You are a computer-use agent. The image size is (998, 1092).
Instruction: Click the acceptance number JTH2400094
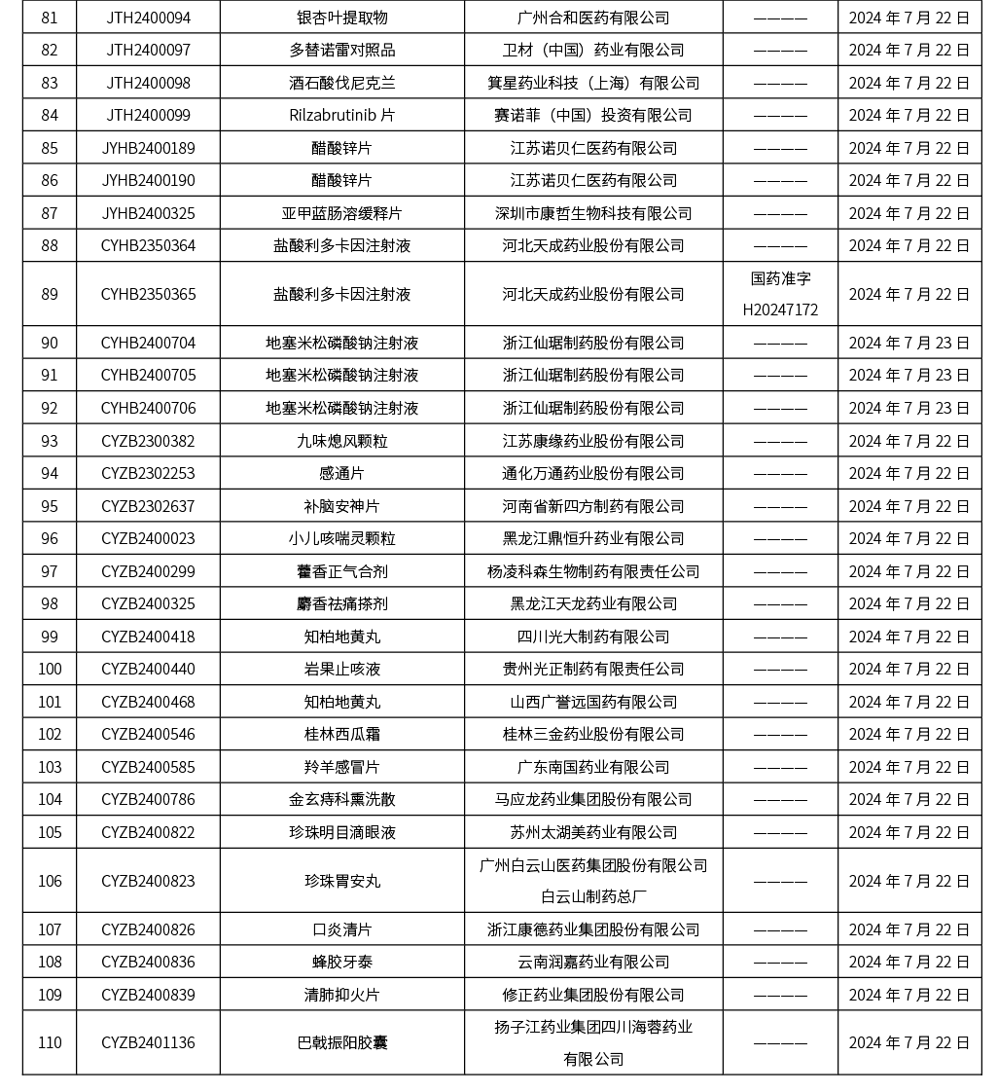pyautogui.click(x=148, y=18)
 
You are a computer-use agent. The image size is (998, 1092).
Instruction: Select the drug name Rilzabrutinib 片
pyautogui.click(x=341, y=115)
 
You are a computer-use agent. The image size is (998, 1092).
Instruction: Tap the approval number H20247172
pyautogui.click(x=780, y=309)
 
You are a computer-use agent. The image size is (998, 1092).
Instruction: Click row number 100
pyautogui.click(x=50, y=669)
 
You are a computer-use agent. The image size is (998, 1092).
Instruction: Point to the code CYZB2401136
pyautogui.click(x=148, y=1042)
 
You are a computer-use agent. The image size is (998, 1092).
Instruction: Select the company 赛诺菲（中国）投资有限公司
pyautogui.click(x=593, y=115)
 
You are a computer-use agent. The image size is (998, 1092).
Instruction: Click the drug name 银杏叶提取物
pyautogui.click(x=341, y=18)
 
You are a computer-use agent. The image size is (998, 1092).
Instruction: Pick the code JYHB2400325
pyautogui.click(x=148, y=213)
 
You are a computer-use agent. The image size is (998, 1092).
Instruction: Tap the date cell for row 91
pyautogui.click(x=909, y=375)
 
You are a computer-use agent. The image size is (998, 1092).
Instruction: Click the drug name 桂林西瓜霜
pyautogui.click(x=341, y=734)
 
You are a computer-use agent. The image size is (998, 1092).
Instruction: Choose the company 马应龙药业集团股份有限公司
pyautogui.click(x=593, y=799)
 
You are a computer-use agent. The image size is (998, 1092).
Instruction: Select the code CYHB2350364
pyautogui.click(x=148, y=245)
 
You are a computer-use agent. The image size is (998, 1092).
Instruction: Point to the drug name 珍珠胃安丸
pyautogui.click(x=341, y=881)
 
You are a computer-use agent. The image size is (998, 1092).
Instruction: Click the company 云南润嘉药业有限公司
pyautogui.click(x=593, y=962)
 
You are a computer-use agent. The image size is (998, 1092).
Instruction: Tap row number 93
pyautogui.click(x=50, y=441)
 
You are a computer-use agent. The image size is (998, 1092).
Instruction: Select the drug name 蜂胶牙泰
pyautogui.click(x=341, y=962)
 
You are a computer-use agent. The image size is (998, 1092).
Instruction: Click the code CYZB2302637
pyautogui.click(x=148, y=506)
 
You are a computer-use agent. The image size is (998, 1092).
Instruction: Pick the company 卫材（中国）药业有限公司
pyautogui.click(x=593, y=50)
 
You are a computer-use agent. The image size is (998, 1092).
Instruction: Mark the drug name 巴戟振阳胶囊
pyautogui.click(x=341, y=1042)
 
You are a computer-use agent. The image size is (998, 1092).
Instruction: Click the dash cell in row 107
pyautogui.click(x=780, y=929)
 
